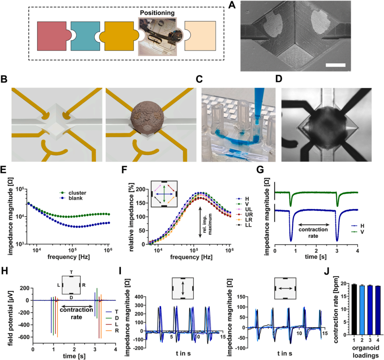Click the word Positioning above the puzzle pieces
coord(157,13)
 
